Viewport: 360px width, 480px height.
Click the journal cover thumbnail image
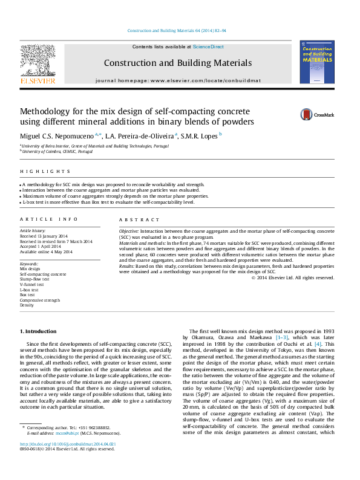point(316,62)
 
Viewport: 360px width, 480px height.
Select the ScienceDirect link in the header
point(208,47)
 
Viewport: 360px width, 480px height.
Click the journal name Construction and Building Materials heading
point(178,63)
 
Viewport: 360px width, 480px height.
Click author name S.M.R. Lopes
point(200,135)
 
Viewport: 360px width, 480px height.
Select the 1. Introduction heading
point(39,331)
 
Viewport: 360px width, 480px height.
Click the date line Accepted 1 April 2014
point(41,247)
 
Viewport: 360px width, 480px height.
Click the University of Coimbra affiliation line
point(56,152)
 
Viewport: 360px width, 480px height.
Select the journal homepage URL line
point(178,80)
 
